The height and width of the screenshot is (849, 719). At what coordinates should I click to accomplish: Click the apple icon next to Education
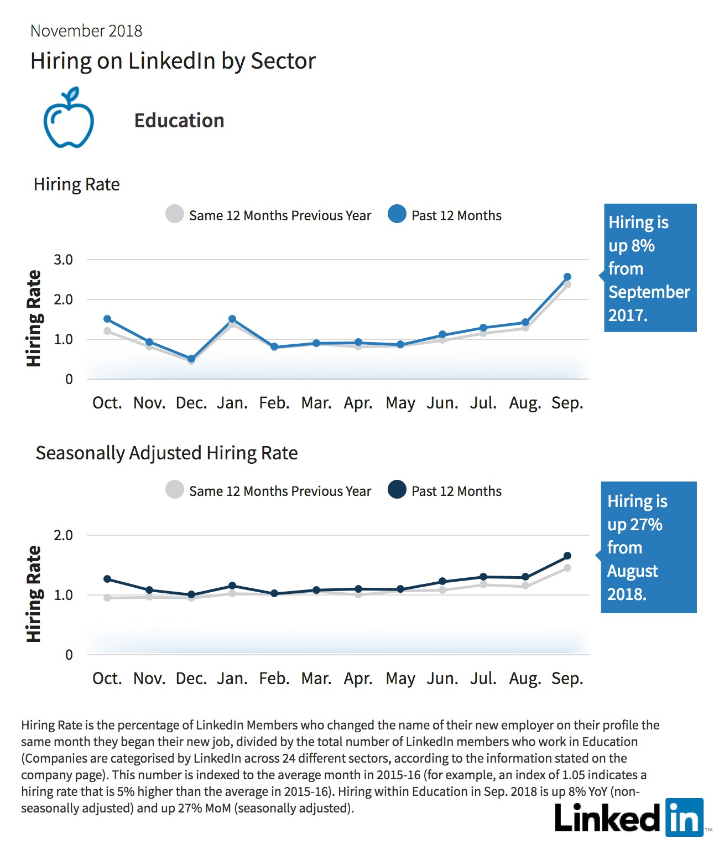(x=69, y=118)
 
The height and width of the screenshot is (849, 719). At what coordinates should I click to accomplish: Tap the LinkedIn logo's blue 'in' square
(x=684, y=817)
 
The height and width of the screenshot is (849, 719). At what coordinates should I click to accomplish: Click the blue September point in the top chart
(x=567, y=277)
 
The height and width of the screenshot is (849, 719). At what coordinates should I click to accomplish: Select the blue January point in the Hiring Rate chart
(x=232, y=319)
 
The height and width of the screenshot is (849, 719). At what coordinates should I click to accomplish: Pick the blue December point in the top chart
(x=191, y=359)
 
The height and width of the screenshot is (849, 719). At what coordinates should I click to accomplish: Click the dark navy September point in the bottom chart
(x=567, y=556)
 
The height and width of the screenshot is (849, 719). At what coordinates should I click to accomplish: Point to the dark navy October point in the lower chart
(x=107, y=579)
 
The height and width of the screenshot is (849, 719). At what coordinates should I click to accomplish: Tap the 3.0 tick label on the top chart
(x=63, y=260)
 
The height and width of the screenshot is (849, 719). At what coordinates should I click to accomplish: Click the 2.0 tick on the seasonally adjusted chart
(x=63, y=535)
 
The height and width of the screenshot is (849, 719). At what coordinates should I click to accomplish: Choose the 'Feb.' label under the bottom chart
(x=274, y=679)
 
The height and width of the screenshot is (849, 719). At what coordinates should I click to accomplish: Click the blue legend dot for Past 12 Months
(x=397, y=214)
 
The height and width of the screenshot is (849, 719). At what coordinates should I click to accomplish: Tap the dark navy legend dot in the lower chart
(x=397, y=490)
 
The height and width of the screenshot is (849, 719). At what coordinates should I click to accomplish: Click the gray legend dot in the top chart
(x=174, y=214)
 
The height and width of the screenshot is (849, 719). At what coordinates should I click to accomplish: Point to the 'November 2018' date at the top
(x=86, y=31)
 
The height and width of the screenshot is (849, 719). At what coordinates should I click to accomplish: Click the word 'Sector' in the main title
(x=283, y=61)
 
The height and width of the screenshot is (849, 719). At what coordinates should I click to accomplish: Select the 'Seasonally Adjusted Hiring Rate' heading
(x=166, y=453)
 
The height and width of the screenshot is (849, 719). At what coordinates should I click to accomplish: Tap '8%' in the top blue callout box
(x=643, y=246)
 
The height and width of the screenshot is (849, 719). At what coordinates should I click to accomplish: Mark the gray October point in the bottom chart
(x=107, y=598)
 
